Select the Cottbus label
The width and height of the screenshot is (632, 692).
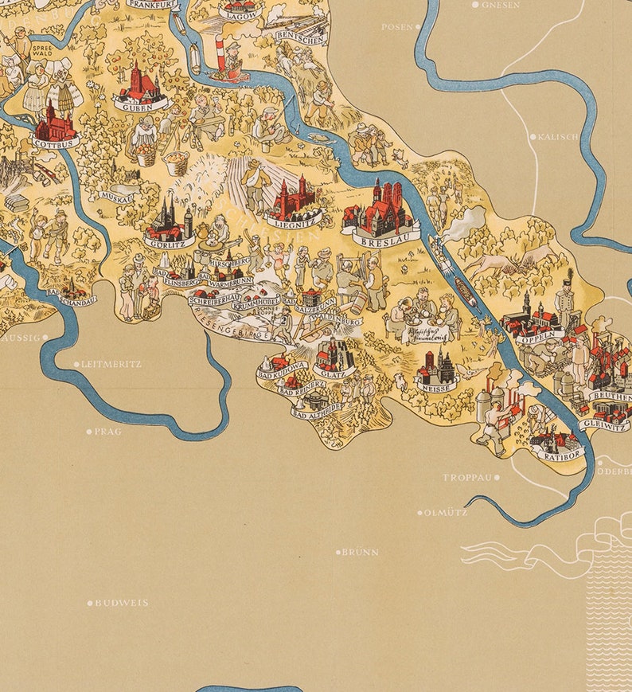pos(57,143)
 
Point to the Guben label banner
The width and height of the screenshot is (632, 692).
pos(142,104)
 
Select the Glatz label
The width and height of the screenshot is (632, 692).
pos(334,371)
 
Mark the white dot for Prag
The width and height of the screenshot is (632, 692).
pos(89,432)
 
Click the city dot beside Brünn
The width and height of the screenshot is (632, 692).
pos(338,552)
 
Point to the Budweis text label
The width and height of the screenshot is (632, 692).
pos(122,603)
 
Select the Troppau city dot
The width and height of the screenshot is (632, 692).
pos(497,478)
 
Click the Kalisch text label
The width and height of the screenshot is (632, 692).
pos(559,137)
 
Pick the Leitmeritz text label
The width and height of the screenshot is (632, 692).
pos(112,364)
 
